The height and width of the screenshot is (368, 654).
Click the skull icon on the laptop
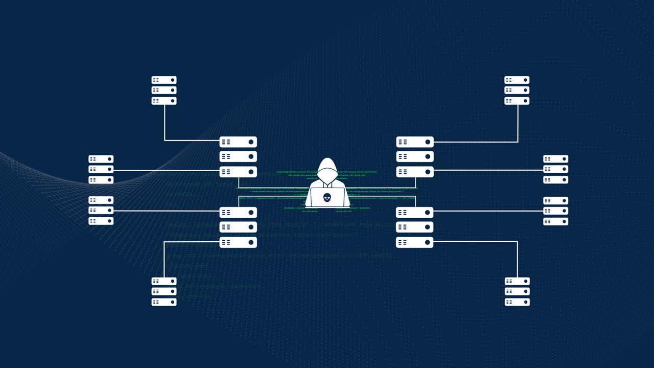coord(327,197)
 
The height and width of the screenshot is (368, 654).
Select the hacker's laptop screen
coord(327,197)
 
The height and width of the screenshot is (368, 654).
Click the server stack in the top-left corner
coord(164,90)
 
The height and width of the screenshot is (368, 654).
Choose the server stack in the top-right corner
coord(517,90)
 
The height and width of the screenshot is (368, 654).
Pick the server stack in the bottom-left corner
coord(164,291)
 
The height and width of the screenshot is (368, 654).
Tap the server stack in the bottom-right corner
coord(517,291)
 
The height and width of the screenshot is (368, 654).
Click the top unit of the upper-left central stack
coord(238,142)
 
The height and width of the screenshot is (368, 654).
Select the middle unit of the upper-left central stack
coord(238,156)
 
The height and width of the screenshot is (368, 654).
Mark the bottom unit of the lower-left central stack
coord(238,242)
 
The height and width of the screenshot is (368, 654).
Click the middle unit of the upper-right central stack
coord(415,156)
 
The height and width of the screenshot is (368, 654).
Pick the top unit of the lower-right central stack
coord(415,212)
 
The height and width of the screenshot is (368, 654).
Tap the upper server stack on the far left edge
coord(101,169)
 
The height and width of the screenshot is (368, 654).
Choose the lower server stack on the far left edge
coord(101,211)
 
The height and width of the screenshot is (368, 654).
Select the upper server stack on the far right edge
coord(555,169)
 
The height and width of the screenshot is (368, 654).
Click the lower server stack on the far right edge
coord(555,211)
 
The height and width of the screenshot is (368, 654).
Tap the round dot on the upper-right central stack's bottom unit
coord(428,172)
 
